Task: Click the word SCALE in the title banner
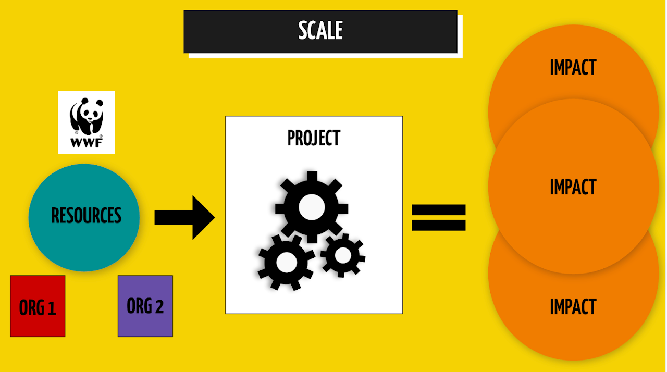(x=320, y=30)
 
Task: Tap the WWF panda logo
(x=87, y=122)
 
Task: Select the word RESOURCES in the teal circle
(x=87, y=215)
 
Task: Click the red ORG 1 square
(x=38, y=306)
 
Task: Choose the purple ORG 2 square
(x=145, y=306)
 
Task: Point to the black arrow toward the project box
(x=184, y=218)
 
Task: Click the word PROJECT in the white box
(x=314, y=138)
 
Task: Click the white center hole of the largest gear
(x=312, y=207)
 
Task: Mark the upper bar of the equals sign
(x=439, y=209)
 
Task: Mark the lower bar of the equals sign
(x=439, y=225)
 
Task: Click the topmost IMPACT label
(x=573, y=67)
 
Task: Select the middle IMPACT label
(x=573, y=187)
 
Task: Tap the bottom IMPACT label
(x=573, y=306)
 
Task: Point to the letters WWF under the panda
(x=87, y=143)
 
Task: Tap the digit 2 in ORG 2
(x=159, y=306)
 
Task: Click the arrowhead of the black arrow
(x=204, y=218)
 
